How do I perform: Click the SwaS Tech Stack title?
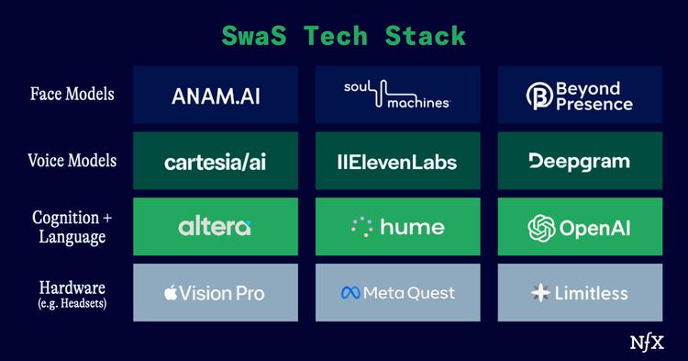[x=343, y=36]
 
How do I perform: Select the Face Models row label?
[x=72, y=94]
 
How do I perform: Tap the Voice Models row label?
[x=72, y=160]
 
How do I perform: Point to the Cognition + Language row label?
[x=72, y=227]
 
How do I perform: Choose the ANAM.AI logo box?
[x=216, y=95]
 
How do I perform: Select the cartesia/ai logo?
[x=216, y=162]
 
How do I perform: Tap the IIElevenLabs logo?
[x=397, y=162]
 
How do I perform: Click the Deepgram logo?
[x=579, y=161]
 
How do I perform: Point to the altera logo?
[x=216, y=227]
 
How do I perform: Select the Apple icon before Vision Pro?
[x=170, y=293]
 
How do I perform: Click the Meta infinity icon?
[x=350, y=293]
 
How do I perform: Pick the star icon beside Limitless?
[x=539, y=293]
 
